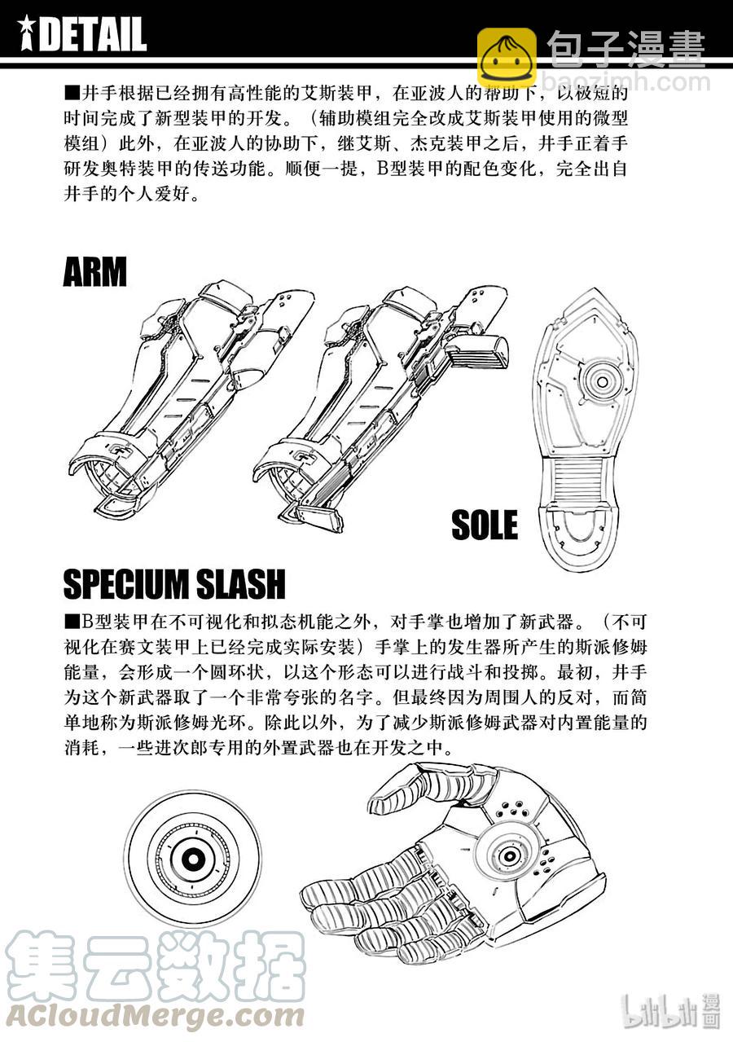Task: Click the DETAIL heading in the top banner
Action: (x=93, y=34)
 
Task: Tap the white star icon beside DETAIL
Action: (x=27, y=34)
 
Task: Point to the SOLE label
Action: (x=485, y=524)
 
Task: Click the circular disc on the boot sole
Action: (x=602, y=382)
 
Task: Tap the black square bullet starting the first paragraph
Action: (x=72, y=93)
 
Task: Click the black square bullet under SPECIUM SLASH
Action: (x=72, y=622)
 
